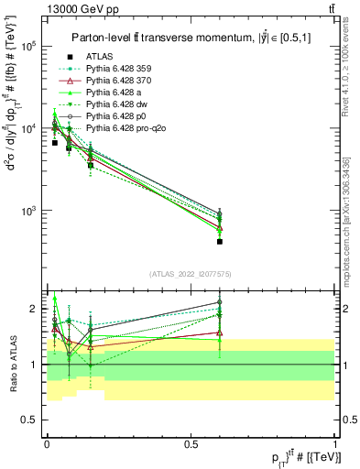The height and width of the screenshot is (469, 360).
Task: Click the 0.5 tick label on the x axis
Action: click(191, 443)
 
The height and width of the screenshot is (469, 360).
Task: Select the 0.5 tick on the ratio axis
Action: click(30, 420)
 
